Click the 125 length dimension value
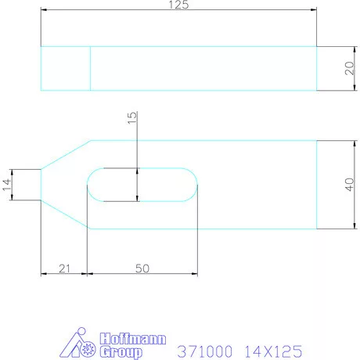(179, 5)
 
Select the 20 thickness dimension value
(328, 68)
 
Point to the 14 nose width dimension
(7, 184)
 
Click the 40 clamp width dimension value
(328, 184)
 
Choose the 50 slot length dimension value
(142, 268)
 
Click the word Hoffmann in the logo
(124, 339)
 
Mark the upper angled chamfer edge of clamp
(66, 154)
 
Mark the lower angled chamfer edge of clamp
(66, 214)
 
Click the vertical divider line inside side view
(91, 68)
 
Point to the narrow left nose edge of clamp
(41, 185)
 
